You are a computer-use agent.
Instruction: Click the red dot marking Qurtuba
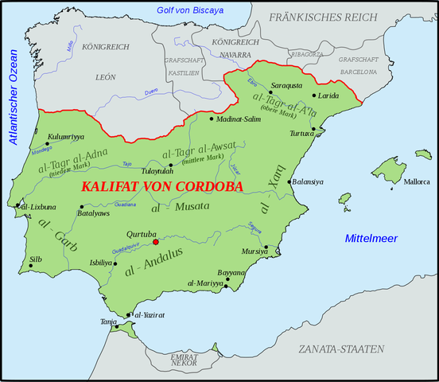[156, 242]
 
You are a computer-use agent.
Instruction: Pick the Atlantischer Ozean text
[12, 96]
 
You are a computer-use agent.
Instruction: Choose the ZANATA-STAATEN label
[341, 349]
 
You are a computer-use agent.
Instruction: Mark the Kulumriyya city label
[66, 137]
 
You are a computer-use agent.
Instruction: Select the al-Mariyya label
[204, 283]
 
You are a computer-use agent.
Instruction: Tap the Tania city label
[108, 322]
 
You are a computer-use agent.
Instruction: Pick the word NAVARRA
[237, 54]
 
